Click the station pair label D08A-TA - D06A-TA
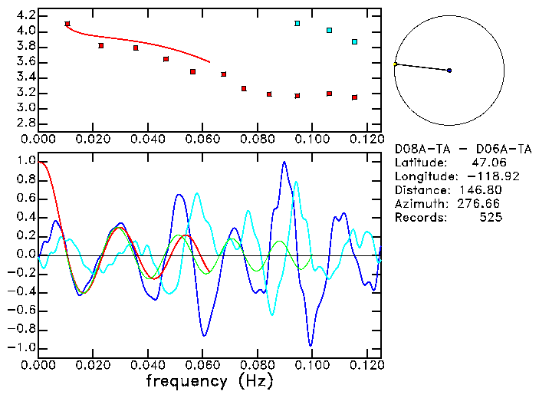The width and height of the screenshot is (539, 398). [462, 149]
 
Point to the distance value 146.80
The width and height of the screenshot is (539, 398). [483, 190]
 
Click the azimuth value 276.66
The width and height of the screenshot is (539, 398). [483, 204]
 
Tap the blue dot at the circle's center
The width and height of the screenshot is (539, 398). [449, 71]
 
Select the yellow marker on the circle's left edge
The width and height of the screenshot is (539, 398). [396, 64]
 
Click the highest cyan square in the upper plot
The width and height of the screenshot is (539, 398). [297, 24]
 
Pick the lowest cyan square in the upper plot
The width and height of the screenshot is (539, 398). [354, 42]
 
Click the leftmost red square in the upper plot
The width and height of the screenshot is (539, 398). [67, 25]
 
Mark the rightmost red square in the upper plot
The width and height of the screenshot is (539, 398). [354, 97]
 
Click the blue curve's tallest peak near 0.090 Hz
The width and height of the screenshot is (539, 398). [284, 163]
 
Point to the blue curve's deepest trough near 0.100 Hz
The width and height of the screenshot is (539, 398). [311, 345]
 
